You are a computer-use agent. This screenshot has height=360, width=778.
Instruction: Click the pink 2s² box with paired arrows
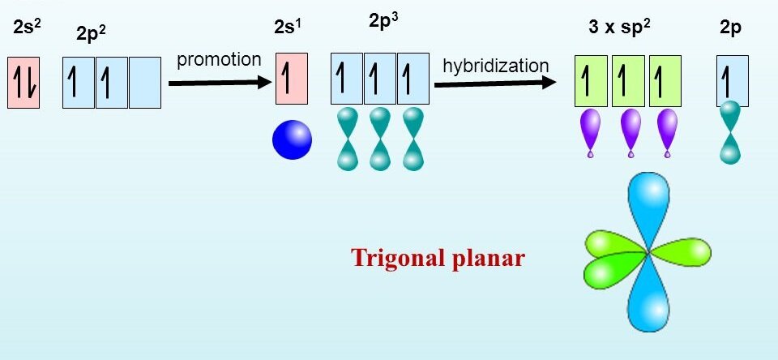23,82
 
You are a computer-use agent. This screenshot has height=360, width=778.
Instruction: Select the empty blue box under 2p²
145,82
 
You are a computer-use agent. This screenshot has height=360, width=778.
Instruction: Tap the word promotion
220,59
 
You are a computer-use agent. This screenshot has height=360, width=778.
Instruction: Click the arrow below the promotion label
219,82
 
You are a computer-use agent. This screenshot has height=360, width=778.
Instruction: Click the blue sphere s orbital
292,139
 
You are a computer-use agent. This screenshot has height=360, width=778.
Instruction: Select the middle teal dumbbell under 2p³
380,139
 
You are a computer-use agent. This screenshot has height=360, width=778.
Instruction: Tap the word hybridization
496,65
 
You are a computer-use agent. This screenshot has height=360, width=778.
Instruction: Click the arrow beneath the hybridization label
496,82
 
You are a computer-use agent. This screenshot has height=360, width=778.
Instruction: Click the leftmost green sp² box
592,81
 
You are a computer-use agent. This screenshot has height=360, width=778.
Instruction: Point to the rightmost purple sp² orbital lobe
667,130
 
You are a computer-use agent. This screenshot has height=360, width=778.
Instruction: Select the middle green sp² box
628,81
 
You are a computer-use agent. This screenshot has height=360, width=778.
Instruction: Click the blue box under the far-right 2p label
732,81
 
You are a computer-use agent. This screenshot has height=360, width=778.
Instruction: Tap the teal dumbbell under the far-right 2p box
731,134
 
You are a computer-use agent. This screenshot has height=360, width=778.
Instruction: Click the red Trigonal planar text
438,258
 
